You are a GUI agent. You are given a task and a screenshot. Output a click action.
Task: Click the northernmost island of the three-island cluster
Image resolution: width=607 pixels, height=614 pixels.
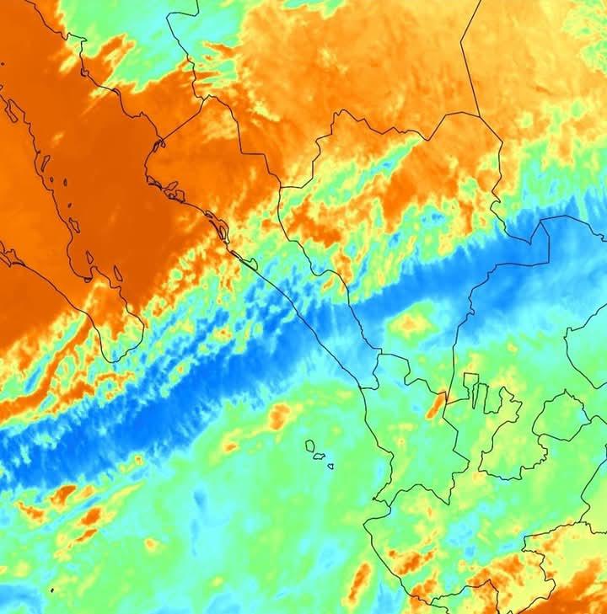point(310,446)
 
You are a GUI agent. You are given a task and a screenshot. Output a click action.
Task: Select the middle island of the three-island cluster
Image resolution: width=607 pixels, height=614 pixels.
point(320,456)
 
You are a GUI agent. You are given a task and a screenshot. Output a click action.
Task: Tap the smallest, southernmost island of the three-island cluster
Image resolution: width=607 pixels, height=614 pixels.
point(330,466)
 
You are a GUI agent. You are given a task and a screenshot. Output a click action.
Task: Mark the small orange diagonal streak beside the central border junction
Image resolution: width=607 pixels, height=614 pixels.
point(435,406)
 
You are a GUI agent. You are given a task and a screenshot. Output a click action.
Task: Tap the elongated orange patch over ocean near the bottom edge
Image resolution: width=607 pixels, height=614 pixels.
point(361,581)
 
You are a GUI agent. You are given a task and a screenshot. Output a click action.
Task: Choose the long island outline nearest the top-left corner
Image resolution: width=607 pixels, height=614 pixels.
point(12,109)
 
